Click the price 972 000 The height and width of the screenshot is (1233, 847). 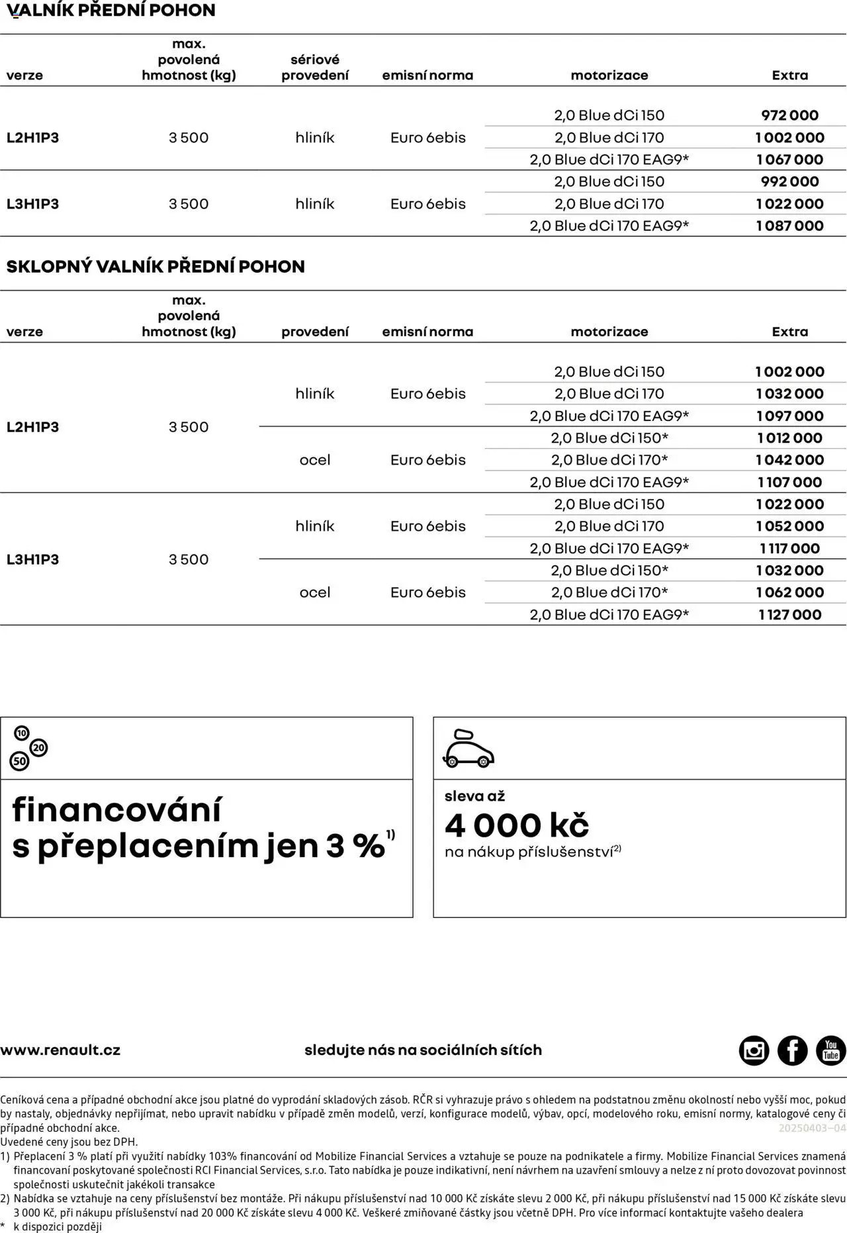click(x=789, y=115)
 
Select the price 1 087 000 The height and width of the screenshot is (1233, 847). click(x=789, y=226)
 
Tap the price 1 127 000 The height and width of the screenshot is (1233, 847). click(x=789, y=615)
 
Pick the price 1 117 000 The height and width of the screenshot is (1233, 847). click(x=789, y=549)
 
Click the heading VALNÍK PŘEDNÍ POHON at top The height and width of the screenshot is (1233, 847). click(x=111, y=11)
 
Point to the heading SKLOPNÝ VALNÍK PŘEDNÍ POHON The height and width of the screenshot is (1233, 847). click(x=156, y=267)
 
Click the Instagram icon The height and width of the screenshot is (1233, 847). click(x=754, y=1050)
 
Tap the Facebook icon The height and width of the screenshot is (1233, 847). click(x=792, y=1050)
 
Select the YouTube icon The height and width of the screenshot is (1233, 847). click(x=830, y=1050)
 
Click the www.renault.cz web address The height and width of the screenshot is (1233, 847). click(x=60, y=1050)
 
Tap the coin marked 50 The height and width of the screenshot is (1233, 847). click(x=20, y=762)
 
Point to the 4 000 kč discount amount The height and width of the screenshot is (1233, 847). click(x=517, y=825)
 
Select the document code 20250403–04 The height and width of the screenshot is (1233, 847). click(x=812, y=1128)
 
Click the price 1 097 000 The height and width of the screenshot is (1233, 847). click(x=789, y=416)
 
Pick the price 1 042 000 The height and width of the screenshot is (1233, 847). click(x=789, y=460)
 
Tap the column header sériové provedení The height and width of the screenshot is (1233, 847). click(x=315, y=68)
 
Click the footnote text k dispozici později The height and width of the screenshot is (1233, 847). click(x=58, y=1226)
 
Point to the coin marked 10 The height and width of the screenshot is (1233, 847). click(x=22, y=733)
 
